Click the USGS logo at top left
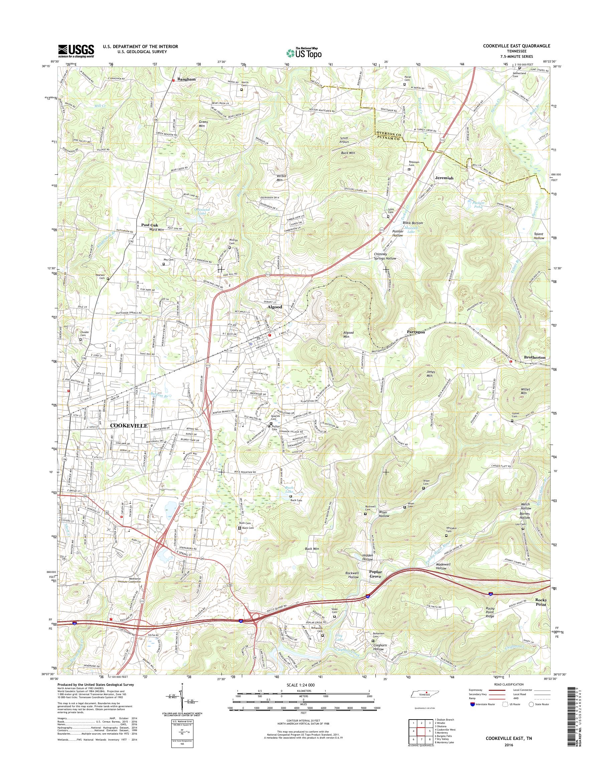[76, 50]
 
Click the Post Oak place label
[150, 225]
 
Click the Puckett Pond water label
[474, 204]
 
